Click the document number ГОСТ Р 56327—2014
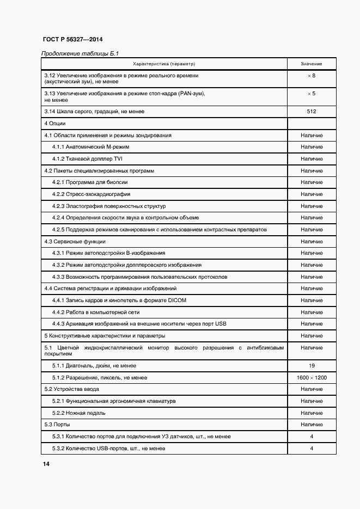coord(72,40)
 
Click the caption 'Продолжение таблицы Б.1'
coord(80,53)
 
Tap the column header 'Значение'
coord(311,64)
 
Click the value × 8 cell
coord(311,75)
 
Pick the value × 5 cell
coord(311,94)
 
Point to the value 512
coord(311,112)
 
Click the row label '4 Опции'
coord(54,124)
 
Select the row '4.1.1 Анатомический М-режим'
coord(90,147)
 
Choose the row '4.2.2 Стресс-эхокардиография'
coord(91,194)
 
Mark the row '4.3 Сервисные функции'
coord(75,241)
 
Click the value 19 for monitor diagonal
coord(311,366)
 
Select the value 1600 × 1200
coord(311,378)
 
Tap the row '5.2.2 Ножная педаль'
coord(79,413)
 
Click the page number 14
coord(46,464)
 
